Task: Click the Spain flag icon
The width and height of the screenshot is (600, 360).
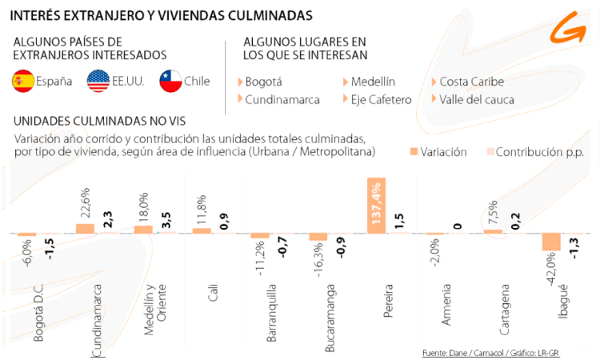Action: [x=22, y=81]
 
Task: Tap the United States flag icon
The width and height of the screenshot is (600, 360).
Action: [x=98, y=81]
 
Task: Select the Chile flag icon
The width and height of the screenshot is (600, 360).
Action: [x=170, y=81]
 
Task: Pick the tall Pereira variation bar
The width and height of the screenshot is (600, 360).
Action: [x=377, y=206]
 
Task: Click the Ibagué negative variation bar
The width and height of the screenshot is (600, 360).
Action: [x=550, y=242]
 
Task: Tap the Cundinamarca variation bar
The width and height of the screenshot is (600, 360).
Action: [x=86, y=228]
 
